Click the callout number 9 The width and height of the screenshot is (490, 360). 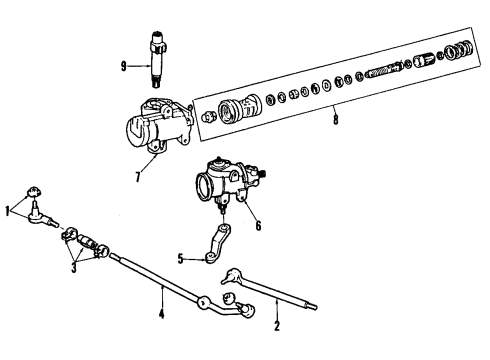[124, 67]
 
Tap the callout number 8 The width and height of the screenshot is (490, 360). [336, 119]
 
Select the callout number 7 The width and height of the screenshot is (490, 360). [138, 177]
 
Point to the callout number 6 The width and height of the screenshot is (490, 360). [258, 226]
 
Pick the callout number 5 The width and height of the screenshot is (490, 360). [181, 259]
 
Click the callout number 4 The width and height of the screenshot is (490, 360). [162, 314]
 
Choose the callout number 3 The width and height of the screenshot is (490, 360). [74, 268]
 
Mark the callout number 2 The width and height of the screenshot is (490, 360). [277, 326]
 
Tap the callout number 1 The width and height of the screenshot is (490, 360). [7, 211]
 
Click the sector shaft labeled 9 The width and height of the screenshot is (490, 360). [156, 59]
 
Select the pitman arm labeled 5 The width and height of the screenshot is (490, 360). [218, 243]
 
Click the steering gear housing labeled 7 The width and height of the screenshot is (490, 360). [158, 126]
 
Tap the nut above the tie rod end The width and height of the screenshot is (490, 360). [33, 192]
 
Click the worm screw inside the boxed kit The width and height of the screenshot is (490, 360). [383, 71]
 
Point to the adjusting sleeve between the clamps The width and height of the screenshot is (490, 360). [87, 241]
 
